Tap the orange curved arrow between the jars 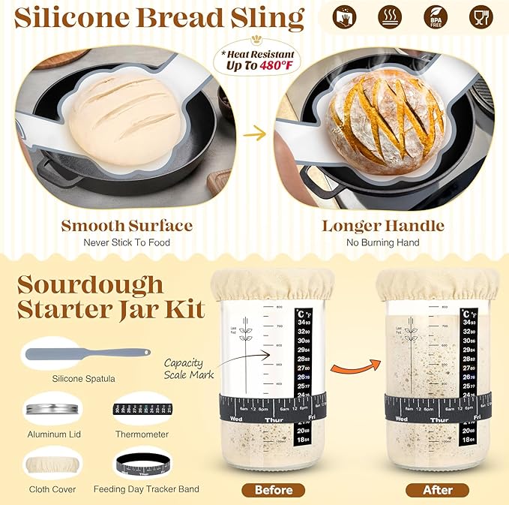click(x=353, y=365)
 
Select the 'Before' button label click(x=274, y=490)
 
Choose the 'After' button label click(x=439, y=490)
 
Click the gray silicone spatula click(x=86, y=353)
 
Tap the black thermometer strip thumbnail click(x=142, y=410)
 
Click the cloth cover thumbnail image click(x=52, y=463)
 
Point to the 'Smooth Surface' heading click(x=127, y=225)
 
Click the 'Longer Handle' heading click(x=383, y=225)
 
